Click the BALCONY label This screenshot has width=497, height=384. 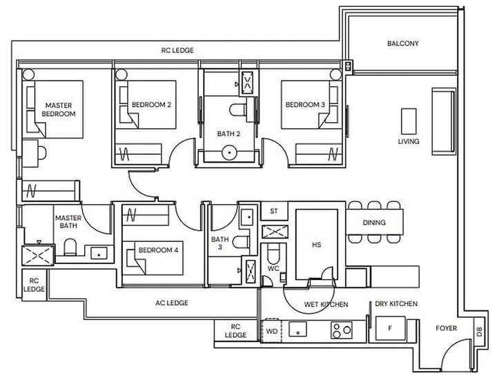[x=402, y=43]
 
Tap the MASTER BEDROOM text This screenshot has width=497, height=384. [x=58, y=109]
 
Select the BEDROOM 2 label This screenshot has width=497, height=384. [x=151, y=105]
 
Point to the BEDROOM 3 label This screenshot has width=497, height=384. [x=305, y=105]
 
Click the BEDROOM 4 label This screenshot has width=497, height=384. [x=158, y=250]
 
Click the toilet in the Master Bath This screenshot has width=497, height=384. [x=70, y=247]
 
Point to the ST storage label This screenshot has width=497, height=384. [x=273, y=212]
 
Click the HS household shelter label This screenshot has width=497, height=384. [x=316, y=245]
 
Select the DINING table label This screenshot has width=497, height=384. [x=373, y=223]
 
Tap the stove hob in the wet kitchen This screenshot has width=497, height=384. [x=340, y=330]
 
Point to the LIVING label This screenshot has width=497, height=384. [x=409, y=142]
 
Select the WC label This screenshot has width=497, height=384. [x=273, y=268]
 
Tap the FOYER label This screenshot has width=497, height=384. [x=445, y=328]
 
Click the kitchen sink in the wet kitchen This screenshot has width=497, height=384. [x=300, y=329]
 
